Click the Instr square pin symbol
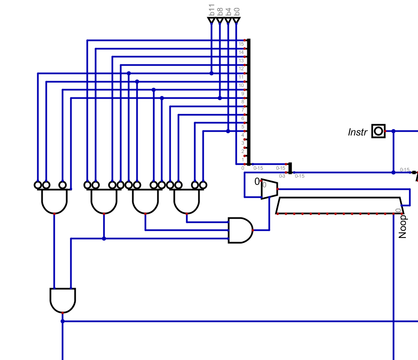tap(379, 131)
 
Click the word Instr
tap(357, 132)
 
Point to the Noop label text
tap(403, 227)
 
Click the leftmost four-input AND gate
tap(54, 201)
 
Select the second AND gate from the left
tap(104, 201)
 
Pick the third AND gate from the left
tap(145, 201)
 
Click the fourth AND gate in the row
tap(187, 201)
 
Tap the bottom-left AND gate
tap(63, 300)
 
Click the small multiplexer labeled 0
tap(269, 189)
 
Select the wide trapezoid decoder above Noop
tap(339, 205)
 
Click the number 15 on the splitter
tap(241, 44)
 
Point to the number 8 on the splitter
tap(243, 102)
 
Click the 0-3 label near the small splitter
tap(282, 176)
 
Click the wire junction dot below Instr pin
tap(393, 172)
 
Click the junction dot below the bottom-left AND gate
tap(63, 321)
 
